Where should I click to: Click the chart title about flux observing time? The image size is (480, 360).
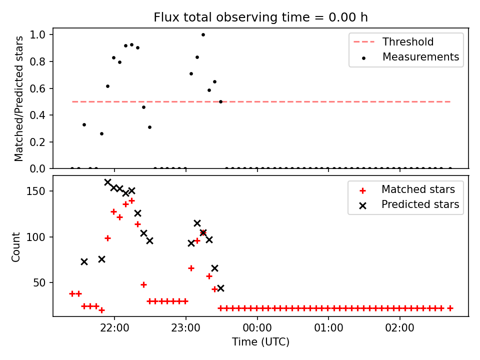click(x=260, y=17)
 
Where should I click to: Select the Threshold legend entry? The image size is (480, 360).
click(x=393, y=41)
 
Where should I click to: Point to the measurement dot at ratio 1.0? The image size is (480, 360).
click(x=203, y=35)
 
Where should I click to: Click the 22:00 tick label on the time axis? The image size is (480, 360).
click(x=114, y=328)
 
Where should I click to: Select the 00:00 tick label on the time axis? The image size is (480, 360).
click(x=257, y=328)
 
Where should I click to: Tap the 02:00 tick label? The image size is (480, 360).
click(x=400, y=328)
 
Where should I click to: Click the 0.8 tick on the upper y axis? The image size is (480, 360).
click(x=37, y=61)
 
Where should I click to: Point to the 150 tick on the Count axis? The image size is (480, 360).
click(x=35, y=191)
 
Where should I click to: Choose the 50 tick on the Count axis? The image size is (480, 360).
click(x=39, y=282)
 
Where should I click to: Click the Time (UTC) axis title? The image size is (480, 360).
click(x=260, y=341)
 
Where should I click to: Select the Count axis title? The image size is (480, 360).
click(x=15, y=247)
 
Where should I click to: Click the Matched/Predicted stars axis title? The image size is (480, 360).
click(x=18, y=98)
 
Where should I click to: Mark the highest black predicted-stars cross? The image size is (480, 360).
click(x=107, y=182)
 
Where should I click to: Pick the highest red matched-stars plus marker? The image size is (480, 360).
click(x=131, y=201)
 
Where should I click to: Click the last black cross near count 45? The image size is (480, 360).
click(x=220, y=288)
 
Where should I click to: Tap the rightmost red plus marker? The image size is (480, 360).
click(x=450, y=308)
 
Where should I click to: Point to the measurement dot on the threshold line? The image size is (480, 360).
click(x=220, y=101)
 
